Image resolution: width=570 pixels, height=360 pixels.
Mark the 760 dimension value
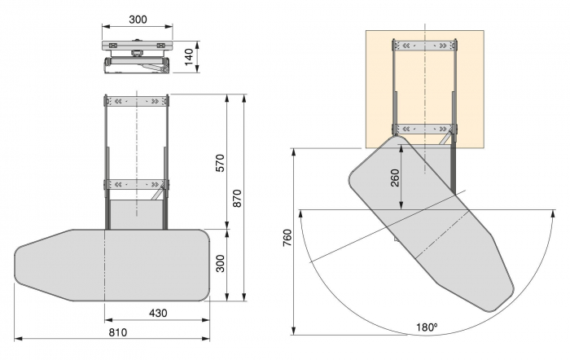point(287,241)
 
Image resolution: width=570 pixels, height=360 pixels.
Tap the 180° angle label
point(425,327)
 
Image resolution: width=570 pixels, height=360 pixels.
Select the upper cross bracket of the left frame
point(137,102)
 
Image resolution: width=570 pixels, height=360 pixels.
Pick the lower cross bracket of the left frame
point(137,184)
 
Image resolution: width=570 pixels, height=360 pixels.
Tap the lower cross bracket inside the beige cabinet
point(424,129)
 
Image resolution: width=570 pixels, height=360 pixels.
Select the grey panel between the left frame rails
point(137,213)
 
